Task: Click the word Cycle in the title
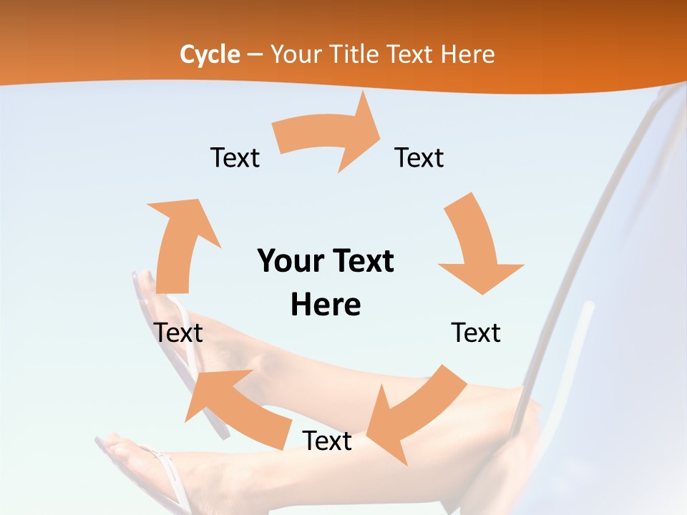(210, 54)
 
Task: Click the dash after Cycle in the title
(255, 55)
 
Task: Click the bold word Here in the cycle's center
(326, 305)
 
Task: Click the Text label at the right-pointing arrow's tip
(419, 157)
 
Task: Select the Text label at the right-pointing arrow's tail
(235, 157)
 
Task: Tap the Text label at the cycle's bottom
(327, 441)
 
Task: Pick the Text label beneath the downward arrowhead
(476, 333)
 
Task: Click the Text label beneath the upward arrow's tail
(178, 333)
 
